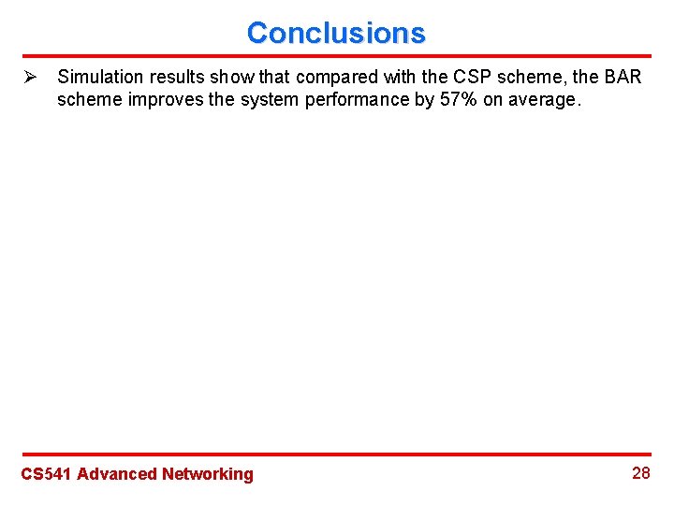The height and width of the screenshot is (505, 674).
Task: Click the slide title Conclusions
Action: [x=336, y=33]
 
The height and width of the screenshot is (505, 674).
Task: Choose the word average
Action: [x=546, y=100]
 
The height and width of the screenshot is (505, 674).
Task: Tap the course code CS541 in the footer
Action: [x=46, y=474]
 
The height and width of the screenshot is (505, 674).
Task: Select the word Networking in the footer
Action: [x=207, y=474]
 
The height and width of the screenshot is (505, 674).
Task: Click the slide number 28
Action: [x=640, y=473]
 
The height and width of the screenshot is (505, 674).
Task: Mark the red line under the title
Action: [x=336, y=56]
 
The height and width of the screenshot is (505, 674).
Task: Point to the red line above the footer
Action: [x=336, y=454]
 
